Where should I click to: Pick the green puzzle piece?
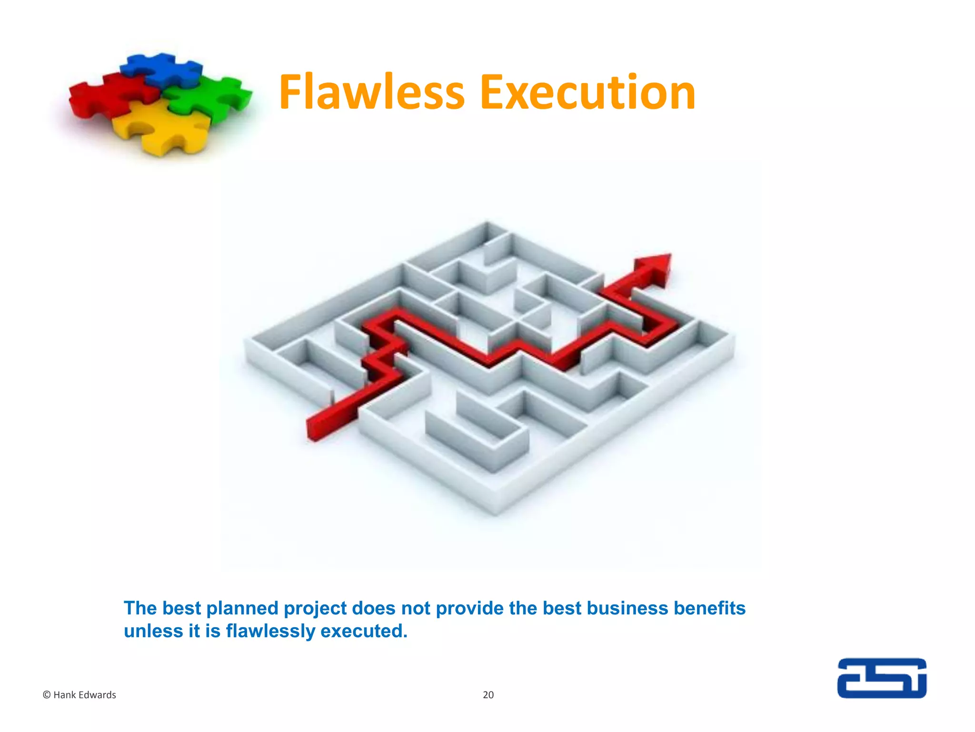click(209, 98)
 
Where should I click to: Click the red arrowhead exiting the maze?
click(655, 269)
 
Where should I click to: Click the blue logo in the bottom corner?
click(882, 678)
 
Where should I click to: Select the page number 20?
click(488, 695)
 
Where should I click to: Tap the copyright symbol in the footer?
click(47, 695)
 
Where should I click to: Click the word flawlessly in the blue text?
click(270, 631)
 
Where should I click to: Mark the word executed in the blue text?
click(364, 631)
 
